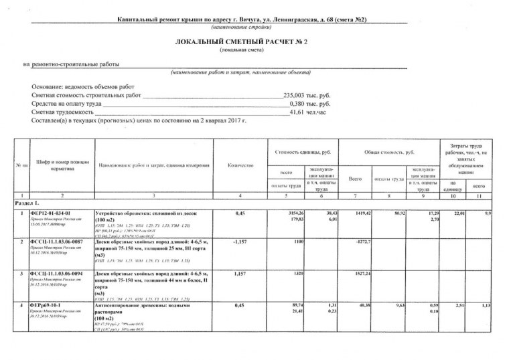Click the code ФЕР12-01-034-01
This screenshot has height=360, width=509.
[50, 213]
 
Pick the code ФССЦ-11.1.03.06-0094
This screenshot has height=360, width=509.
[57, 274]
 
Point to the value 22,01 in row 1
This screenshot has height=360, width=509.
[458, 213]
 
